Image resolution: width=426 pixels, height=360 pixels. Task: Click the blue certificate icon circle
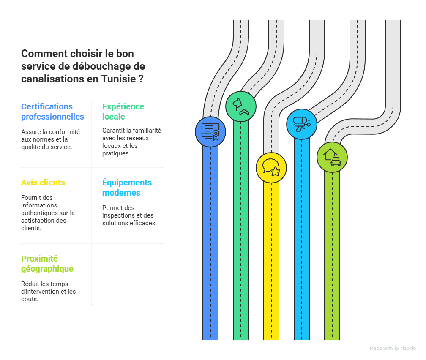click(210, 132)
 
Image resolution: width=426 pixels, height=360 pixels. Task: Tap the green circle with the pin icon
click(241, 106)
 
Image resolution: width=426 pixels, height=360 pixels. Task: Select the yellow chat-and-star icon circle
click(271, 168)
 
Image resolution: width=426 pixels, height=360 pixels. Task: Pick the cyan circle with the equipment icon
click(302, 124)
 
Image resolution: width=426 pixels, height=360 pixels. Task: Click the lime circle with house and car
click(332, 157)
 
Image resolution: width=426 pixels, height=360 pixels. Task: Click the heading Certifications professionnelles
click(52, 112)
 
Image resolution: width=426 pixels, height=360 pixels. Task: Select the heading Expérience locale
click(123, 112)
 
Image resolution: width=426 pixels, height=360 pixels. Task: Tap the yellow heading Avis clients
click(43, 183)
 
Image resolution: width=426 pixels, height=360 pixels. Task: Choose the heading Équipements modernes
click(127, 188)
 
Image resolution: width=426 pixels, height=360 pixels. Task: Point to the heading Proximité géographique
click(47, 264)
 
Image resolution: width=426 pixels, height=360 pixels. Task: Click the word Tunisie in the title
click(118, 79)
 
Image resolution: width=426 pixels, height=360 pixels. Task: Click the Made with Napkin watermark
click(393, 348)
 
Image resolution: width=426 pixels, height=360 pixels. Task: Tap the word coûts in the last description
click(30, 299)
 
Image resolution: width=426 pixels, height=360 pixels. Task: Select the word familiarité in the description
click(147, 131)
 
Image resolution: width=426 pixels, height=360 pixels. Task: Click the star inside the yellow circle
click(275, 172)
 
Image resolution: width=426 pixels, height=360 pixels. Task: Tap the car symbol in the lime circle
click(336, 162)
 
